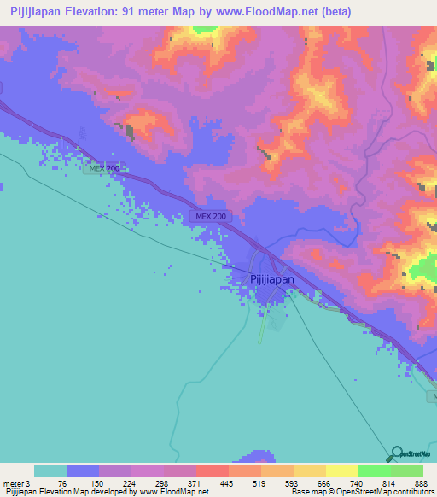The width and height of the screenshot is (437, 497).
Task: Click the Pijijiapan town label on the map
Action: [x=271, y=278]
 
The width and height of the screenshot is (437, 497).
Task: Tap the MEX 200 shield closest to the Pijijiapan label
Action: [x=212, y=217]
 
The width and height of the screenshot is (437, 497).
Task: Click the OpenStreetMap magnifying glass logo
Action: [x=395, y=453]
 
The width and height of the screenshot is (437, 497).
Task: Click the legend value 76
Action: [x=65, y=483]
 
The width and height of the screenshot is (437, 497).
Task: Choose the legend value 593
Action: [x=291, y=483]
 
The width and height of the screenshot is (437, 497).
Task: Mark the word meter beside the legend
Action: [x=12, y=483]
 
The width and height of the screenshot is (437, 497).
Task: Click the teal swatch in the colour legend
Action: [x=50, y=471]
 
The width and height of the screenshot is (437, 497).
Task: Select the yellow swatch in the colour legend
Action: [x=341, y=471]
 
